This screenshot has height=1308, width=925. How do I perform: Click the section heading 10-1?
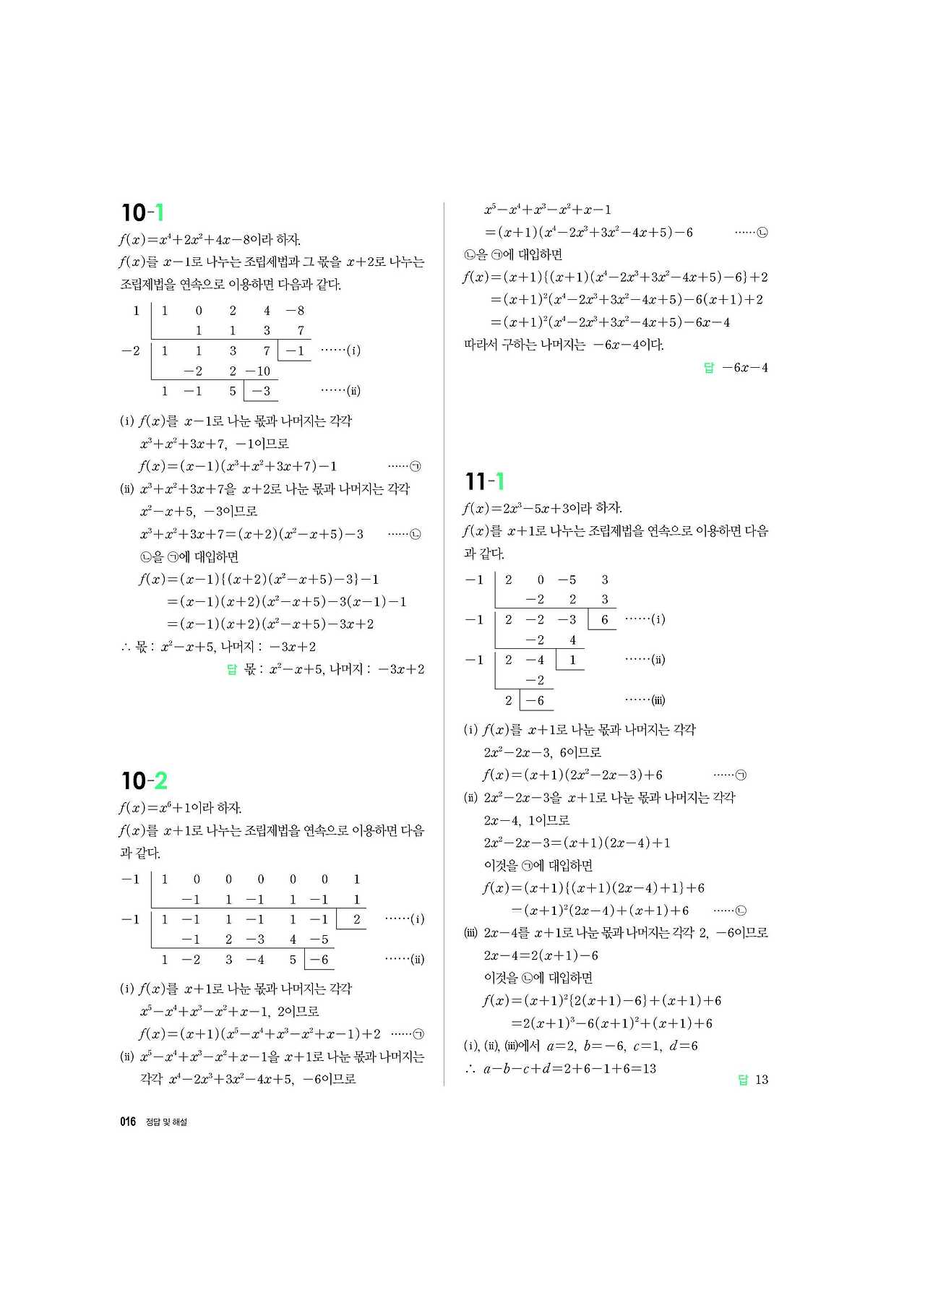(143, 212)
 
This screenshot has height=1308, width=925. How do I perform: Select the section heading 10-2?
(144, 780)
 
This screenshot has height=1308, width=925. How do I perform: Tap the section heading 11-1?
(485, 481)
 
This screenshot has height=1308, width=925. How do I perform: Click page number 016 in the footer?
(128, 1122)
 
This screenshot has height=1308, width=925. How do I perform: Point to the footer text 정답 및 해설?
(166, 1122)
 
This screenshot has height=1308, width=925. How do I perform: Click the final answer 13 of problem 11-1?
(762, 1080)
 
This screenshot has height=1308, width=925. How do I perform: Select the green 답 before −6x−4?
(709, 368)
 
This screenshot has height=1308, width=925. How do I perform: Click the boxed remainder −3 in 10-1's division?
(261, 391)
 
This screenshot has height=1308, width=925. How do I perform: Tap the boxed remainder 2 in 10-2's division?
(356, 919)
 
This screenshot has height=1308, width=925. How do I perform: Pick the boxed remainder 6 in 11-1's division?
(605, 619)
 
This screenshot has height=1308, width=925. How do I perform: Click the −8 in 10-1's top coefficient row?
(295, 311)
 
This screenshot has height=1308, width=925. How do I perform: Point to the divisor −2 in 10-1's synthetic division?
(131, 350)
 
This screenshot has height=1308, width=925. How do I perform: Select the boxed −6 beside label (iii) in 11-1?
(535, 700)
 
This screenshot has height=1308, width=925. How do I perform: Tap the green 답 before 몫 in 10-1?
(232, 669)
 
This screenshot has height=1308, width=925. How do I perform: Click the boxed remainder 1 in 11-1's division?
(572, 660)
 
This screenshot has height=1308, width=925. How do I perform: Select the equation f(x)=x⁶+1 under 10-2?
(180, 807)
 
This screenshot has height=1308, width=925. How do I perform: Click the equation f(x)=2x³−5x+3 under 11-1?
(542, 508)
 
